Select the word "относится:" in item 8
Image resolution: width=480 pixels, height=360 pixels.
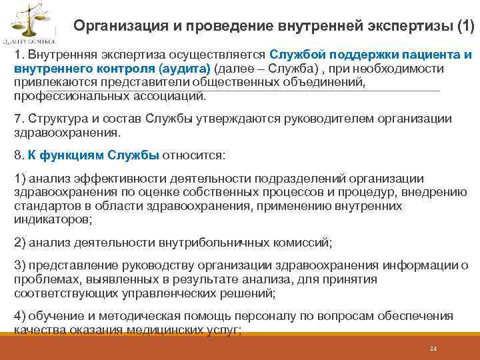tap(194, 155)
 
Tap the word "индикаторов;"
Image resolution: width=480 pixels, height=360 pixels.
tap(53, 219)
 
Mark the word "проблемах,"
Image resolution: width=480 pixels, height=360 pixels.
tap(43, 279)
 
